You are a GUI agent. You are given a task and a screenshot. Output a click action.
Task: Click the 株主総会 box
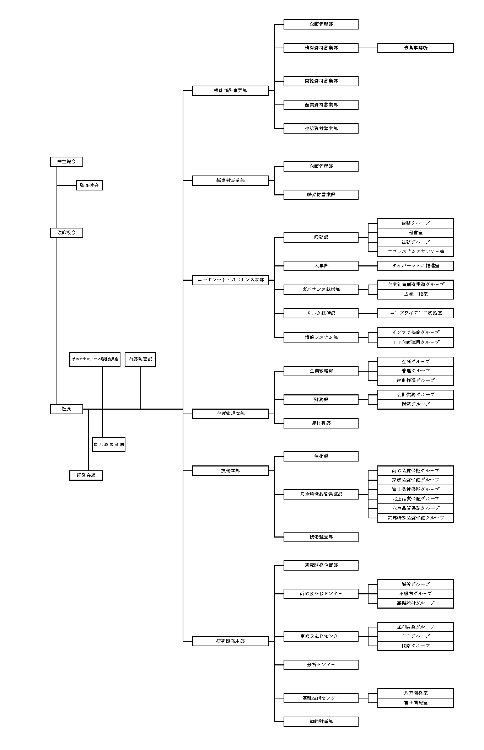coord(66,162)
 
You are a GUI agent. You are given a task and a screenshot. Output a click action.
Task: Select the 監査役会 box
coord(89,185)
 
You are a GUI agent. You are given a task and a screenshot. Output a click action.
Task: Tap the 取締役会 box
coord(66,233)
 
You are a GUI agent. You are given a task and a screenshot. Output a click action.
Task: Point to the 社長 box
coord(66,409)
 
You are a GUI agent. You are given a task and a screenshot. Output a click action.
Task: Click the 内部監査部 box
coord(140,359)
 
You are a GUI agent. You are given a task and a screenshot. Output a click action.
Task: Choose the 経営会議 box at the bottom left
coord(86,475)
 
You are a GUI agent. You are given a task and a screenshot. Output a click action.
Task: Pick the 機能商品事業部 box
coord(230,91)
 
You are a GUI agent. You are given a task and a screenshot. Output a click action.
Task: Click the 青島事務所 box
coord(415,48)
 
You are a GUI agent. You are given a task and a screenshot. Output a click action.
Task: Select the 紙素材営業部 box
coord(321,195)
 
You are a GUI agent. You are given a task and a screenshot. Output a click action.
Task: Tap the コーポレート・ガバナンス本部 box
coord(230,280)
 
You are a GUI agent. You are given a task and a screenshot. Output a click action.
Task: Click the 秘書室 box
coord(415,233)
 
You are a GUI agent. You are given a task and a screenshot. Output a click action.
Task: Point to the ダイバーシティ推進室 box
coord(415,266)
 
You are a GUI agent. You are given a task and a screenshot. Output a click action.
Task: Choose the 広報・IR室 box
coord(415,294)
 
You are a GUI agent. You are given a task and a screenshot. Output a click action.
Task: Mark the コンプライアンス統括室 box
coord(415,313)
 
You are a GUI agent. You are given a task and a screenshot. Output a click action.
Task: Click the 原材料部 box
coord(321,423)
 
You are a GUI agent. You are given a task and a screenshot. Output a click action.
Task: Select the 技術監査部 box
coord(321,537)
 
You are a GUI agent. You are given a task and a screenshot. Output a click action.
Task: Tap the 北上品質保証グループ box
coord(415,499)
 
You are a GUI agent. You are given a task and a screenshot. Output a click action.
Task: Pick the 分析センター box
coord(321,665)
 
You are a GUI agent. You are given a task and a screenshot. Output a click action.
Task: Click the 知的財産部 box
coord(321,722)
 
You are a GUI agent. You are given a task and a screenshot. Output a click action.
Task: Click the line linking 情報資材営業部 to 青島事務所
coord(368,48)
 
